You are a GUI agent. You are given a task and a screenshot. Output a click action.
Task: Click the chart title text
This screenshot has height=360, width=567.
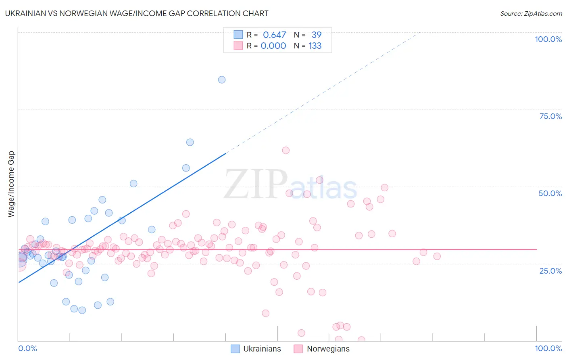tap(137, 13)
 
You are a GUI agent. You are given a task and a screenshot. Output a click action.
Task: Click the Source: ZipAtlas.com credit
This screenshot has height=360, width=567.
tap(531, 13)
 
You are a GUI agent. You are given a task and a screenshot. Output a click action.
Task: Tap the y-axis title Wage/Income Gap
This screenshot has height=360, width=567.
tap(11, 184)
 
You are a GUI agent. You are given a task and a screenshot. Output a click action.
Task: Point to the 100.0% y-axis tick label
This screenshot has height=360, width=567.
tap(548, 39)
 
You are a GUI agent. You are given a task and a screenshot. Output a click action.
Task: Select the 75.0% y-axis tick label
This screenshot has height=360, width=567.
tap(550, 116)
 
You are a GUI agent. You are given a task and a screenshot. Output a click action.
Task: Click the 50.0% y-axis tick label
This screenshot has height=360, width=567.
tap(550, 193)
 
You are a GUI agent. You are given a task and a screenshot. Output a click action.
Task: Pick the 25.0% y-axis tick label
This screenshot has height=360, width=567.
tap(550, 270)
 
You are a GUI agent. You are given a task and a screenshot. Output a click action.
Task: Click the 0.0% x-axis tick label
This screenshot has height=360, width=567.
tap(27, 348)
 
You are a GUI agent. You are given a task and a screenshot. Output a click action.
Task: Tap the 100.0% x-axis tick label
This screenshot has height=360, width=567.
tap(548, 348)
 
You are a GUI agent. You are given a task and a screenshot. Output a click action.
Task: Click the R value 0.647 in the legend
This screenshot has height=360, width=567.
tap(274, 35)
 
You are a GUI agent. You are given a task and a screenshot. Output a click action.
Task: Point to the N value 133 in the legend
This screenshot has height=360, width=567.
tap(315, 46)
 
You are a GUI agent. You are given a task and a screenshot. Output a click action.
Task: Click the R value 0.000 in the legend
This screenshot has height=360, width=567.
tap(273, 46)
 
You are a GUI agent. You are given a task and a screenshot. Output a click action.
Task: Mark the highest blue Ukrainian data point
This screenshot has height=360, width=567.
tap(222, 80)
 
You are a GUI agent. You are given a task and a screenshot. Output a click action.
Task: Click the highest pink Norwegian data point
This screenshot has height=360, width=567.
tap(286, 150)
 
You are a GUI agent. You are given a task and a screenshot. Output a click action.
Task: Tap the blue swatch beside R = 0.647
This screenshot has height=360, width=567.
tap(238, 35)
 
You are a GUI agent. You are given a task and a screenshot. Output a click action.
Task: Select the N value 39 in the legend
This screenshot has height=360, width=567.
tap(317, 35)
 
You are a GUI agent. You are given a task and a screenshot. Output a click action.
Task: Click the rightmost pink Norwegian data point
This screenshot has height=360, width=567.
tap(437, 256)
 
